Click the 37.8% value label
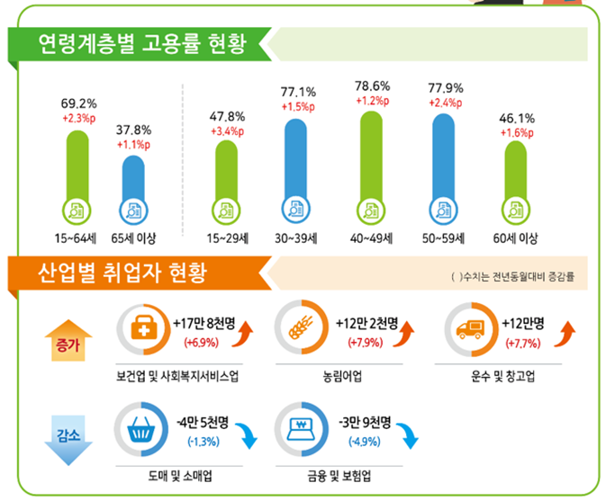point(133,130)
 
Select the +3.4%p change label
point(227,131)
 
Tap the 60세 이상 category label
point(515,238)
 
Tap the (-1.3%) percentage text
point(204,441)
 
